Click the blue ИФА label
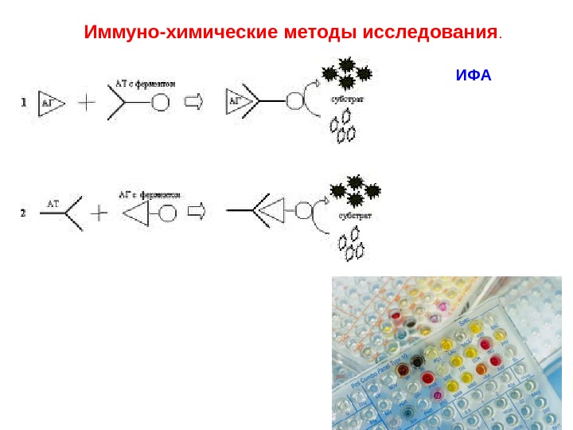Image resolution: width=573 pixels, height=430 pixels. tap(474, 76)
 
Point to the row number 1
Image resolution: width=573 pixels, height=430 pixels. tap(24, 102)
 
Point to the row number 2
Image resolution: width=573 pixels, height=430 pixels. tap(24, 213)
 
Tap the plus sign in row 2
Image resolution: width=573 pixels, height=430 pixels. tap(98, 213)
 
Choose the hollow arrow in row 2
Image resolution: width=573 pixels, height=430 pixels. tap(196, 211)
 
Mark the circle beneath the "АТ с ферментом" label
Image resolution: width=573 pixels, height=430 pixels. tap(160, 103)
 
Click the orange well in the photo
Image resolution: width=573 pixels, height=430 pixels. tap(481, 369)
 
